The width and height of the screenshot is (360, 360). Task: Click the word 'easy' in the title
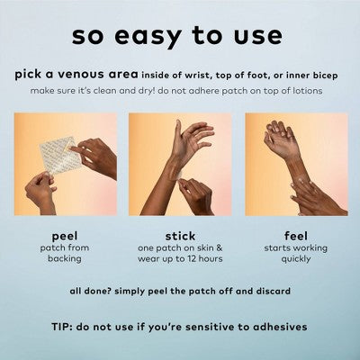(148, 37)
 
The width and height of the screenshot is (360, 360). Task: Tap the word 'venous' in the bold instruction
(81, 75)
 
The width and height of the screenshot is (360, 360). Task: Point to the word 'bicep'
(326, 76)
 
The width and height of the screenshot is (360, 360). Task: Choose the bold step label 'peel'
(65, 236)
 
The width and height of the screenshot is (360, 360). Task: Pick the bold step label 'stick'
(180, 236)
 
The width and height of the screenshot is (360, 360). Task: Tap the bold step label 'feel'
(296, 236)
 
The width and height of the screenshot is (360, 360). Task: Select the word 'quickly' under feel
(296, 259)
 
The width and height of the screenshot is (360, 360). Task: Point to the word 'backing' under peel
(65, 258)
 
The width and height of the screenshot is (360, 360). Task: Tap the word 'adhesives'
(280, 327)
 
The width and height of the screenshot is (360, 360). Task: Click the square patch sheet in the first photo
(58, 155)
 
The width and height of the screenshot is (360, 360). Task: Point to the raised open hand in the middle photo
(192, 141)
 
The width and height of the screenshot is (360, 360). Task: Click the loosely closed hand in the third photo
(281, 139)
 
